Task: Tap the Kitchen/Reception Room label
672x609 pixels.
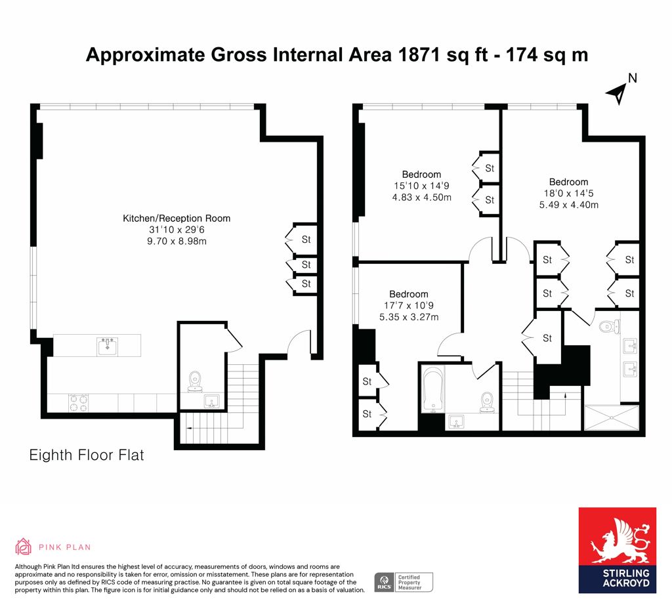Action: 177,218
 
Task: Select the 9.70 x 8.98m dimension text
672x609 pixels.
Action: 177,241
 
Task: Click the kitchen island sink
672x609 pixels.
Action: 108,346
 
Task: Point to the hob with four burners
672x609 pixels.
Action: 79,403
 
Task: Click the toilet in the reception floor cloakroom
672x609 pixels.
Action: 195,381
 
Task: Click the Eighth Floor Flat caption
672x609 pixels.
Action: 87,455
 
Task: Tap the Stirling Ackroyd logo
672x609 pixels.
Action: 617,551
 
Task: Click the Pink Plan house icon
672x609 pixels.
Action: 23,547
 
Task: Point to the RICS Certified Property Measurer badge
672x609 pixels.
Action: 404,583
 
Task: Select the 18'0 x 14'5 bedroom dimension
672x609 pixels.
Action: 569,194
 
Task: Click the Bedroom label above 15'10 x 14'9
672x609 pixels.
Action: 421,175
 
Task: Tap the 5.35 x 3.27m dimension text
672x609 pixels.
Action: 409,317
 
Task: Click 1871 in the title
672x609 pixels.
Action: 419,55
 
